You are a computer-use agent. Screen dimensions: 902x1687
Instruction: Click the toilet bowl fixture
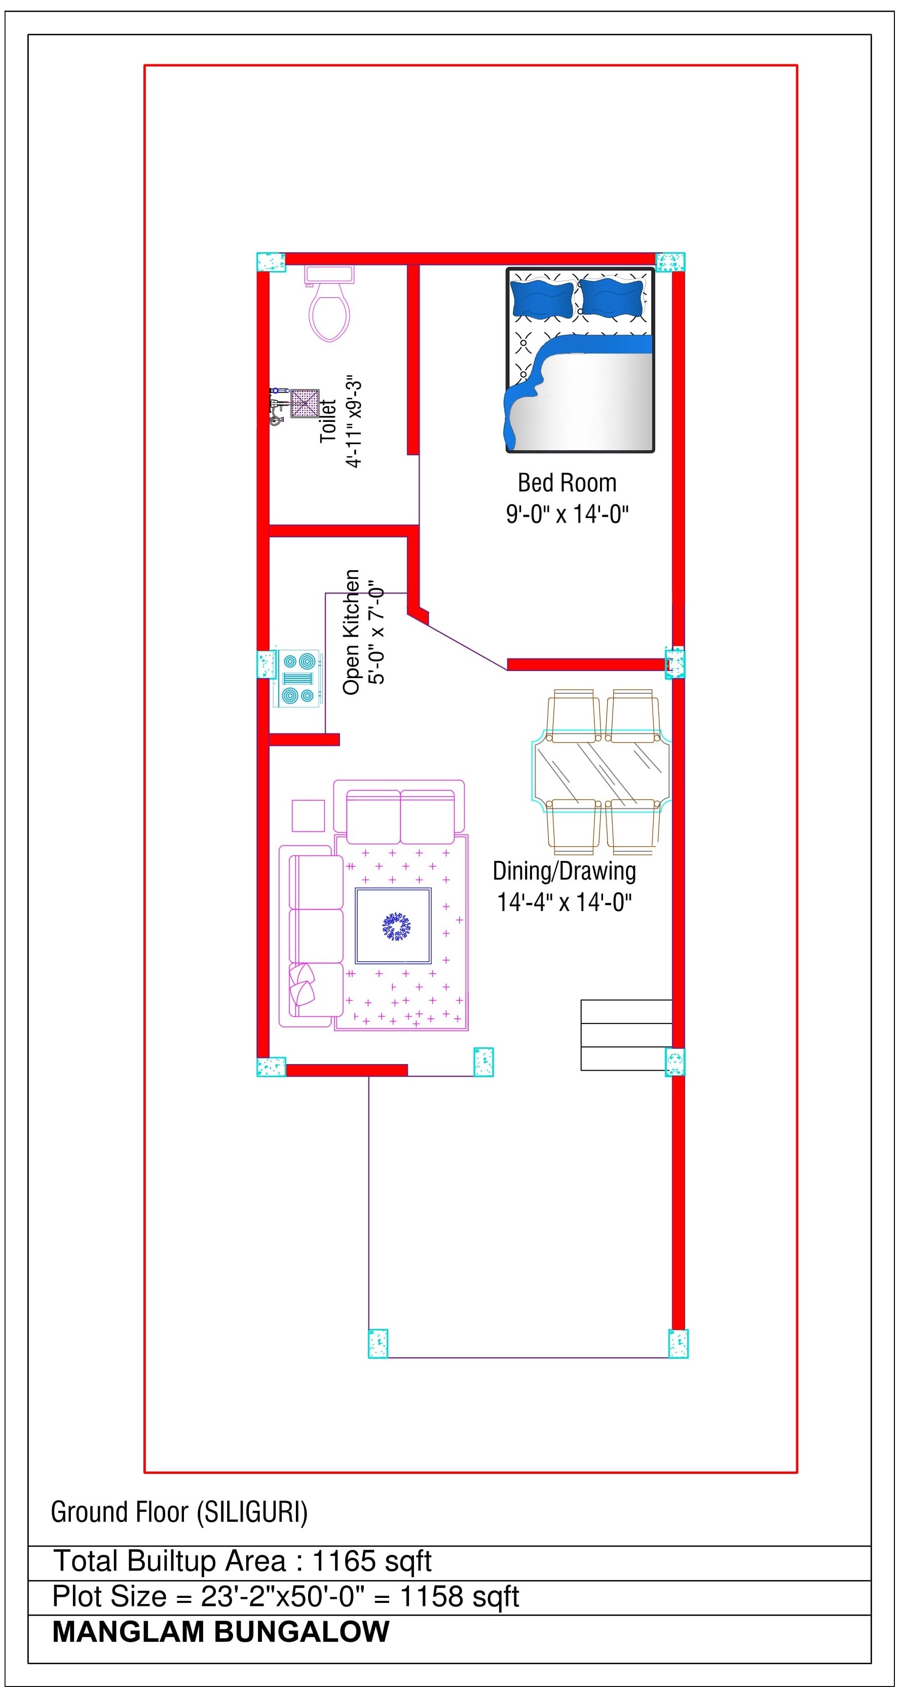pos(329,302)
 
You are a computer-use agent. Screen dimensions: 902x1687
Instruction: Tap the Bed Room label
pos(567,483)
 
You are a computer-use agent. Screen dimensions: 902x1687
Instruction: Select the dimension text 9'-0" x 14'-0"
pos(567,514)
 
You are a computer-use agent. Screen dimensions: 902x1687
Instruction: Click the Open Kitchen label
pos(351,632)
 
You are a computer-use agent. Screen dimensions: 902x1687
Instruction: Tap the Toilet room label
pos(327,421)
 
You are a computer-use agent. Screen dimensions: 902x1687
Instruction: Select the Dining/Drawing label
pos(565,871)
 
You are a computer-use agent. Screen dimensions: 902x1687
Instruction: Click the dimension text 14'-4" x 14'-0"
pos(565,903)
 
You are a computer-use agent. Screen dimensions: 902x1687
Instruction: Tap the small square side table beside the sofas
pos(309,815)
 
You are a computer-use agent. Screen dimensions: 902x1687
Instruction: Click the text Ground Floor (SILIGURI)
pos(179,1512)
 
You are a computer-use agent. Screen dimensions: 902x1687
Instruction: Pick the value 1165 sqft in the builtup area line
pos(372,1561)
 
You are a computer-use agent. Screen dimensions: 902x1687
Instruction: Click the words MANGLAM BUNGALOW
pos(221,1632)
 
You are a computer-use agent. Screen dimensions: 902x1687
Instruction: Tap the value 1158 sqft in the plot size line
pos(459,1597)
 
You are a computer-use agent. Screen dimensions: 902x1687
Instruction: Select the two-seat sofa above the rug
pos(400,812)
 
